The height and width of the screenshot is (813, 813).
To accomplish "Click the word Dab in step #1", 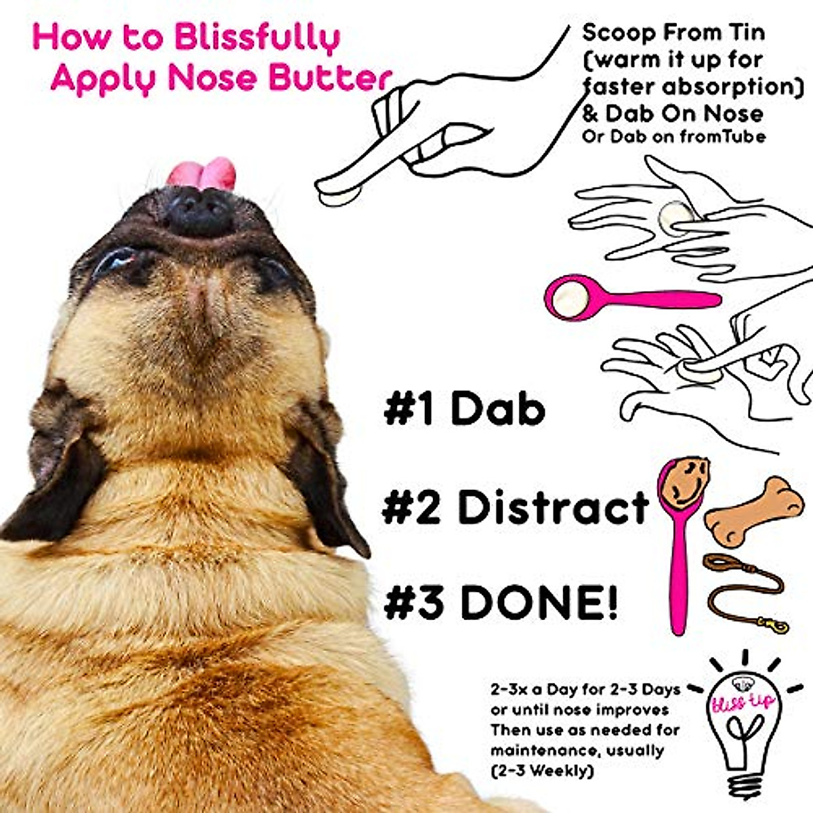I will [x=497, y=410].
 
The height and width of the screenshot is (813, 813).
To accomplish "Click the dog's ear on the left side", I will [x=54, y=467].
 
